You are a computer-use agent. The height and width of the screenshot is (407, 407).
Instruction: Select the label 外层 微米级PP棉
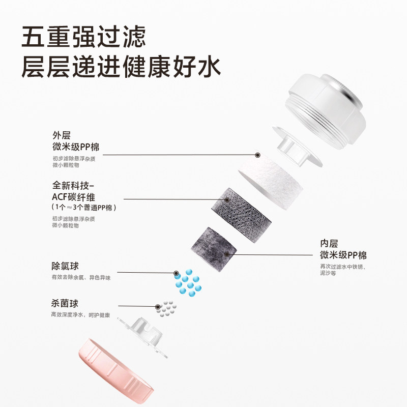tap(76, 142)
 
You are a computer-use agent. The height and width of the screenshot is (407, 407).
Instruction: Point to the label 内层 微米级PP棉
tap(343, 249)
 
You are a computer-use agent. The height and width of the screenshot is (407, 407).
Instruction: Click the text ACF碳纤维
tap(76, 197)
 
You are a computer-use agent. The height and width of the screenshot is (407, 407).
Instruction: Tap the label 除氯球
tap(65, 266)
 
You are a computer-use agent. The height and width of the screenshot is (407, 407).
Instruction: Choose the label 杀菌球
tap(65, 304)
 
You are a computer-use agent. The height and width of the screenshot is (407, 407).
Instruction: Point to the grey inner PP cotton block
tap(214, 243)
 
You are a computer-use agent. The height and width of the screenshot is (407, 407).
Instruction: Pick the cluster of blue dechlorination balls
tap(188, 281)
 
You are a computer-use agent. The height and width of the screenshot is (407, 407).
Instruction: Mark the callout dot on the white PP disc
tap(258, 154)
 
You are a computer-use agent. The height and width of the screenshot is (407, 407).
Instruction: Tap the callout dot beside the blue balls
tap(176, 273)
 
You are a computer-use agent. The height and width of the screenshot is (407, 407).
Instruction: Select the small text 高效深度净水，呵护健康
tap(80, 315)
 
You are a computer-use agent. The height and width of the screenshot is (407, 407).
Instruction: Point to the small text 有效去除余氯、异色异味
tap(80, 278)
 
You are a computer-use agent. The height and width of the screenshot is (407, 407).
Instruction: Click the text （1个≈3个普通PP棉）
tap(84, 208)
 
